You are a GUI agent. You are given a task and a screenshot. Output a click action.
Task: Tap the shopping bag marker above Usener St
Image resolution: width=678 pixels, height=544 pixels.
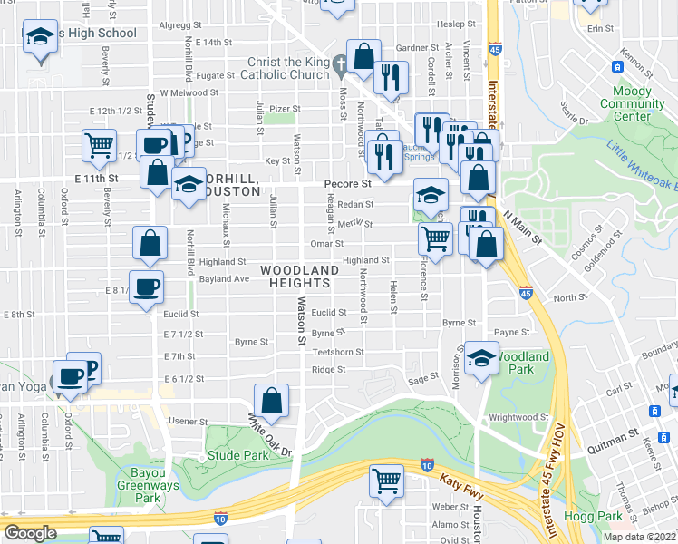click(271, 399)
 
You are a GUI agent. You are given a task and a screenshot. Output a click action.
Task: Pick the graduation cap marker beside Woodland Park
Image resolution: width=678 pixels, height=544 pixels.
click(481, 357)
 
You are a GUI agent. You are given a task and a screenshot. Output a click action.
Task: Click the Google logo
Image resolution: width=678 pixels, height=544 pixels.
click(30, 533)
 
